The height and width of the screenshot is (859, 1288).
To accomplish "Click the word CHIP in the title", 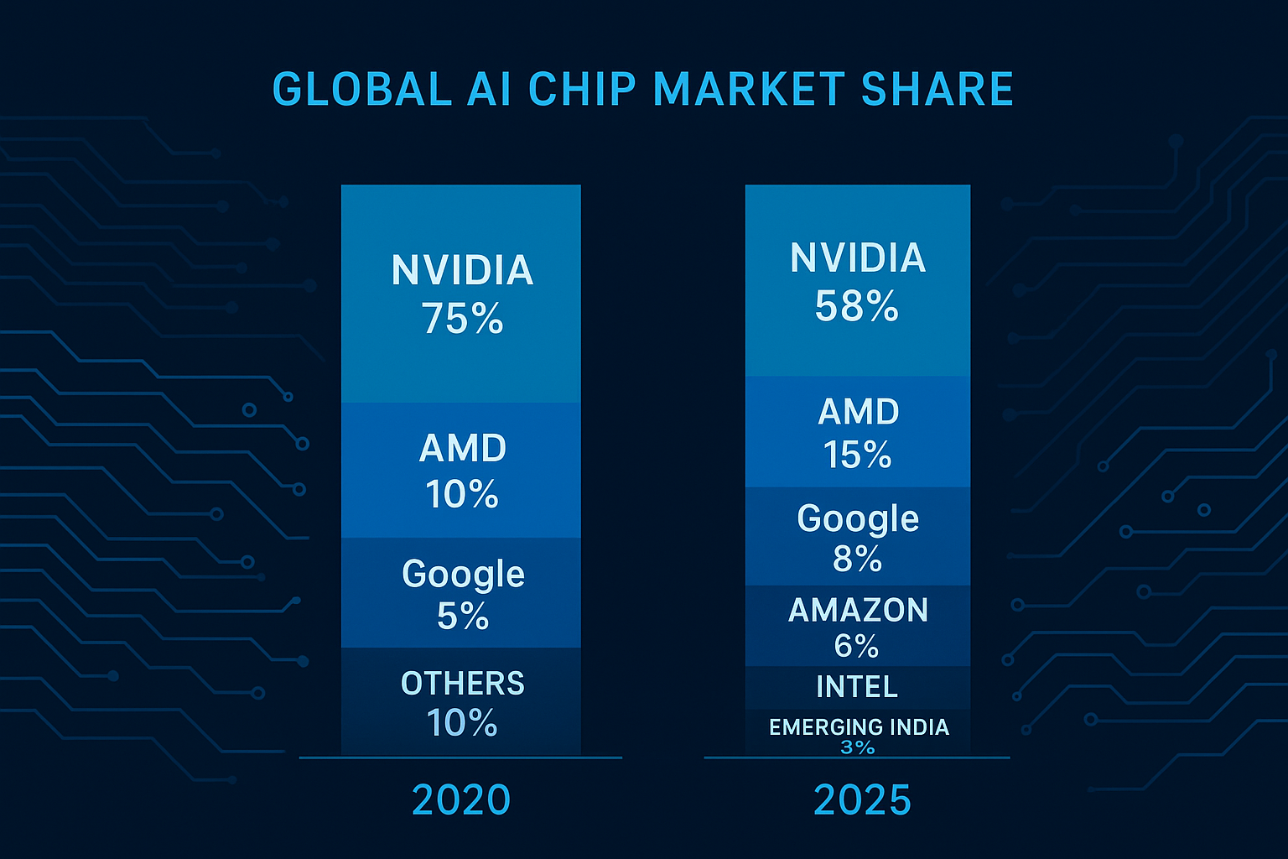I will click(x=582, y=90).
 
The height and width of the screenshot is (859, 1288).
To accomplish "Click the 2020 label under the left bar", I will click(x=461, y=799).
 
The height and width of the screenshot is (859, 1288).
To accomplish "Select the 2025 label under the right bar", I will click(x=862, y=799).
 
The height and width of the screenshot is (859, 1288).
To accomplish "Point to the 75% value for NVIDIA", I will click(x=462, y=319).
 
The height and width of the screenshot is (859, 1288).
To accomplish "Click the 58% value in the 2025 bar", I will click(x=857, y=306).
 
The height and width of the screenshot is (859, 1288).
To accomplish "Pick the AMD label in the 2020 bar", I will click(x=463, y=449).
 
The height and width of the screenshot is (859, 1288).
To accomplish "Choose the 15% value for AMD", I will click(x=857, y=456).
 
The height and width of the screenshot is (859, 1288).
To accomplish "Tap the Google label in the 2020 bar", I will click(x=463, y=575).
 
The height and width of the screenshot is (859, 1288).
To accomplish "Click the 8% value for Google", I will click(x=857, y=559).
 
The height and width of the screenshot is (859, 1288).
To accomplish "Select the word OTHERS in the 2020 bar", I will click(x=463, y=684).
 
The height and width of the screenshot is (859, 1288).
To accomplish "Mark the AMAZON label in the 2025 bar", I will click(x=858, y=610).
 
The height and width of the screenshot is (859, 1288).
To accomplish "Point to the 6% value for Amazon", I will click(x=856, y=646).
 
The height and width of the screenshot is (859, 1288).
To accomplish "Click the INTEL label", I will click(x=857, y=687).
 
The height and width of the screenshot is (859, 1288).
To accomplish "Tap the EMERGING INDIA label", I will click(x=859, y=726).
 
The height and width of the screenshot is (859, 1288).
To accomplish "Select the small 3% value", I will click(x=858, y=747).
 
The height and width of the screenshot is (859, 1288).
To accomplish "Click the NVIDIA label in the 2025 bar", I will click(x=858, y=258).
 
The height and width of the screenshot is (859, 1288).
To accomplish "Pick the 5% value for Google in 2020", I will click(x=463, y=617).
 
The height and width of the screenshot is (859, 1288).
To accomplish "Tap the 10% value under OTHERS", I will click(x=462, y=723).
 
